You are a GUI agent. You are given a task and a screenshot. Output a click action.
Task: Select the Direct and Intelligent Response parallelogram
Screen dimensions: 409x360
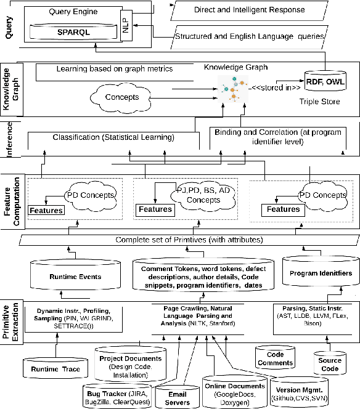click(x=249, y=10)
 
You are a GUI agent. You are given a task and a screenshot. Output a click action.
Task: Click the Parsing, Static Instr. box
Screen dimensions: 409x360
click(x=312, y=316)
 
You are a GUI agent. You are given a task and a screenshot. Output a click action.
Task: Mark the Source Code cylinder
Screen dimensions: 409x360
click(x=330, y=364)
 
